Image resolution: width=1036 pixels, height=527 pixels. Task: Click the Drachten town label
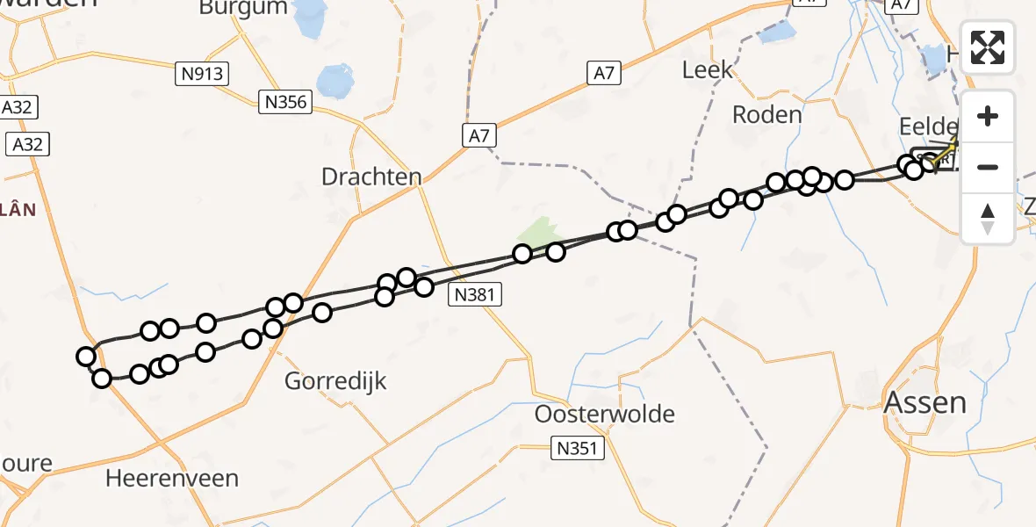(371, 177)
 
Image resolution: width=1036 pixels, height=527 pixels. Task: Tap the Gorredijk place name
(336, 381)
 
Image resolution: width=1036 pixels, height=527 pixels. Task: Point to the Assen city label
(924, 402)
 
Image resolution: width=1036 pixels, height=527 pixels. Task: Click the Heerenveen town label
(172, 478)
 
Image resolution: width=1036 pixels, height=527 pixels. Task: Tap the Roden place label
(767, 114)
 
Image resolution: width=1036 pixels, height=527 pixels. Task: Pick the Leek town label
(707, 70)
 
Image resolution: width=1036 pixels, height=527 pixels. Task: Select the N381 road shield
(477, 295)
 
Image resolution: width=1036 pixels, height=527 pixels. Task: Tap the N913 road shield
(202, 74)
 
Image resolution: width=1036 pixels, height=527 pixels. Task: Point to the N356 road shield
(286, 102)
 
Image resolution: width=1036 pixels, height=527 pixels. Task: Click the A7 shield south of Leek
(603, 73)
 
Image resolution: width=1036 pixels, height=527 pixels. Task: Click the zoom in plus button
(988, 116)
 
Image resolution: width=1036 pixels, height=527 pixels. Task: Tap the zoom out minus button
(988, 167)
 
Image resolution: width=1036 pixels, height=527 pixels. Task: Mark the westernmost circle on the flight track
(86, 357)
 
